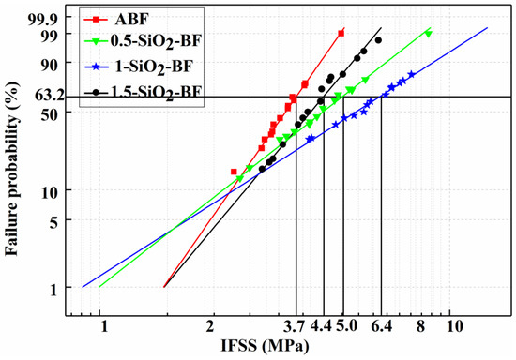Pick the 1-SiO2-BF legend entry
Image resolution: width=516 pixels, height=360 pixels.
click(152, 67)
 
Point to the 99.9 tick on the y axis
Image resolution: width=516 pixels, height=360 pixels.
click(54, 17)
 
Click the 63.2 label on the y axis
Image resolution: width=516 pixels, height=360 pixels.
click(54, 96)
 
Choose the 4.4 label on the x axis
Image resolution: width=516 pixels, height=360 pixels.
click(322, 326)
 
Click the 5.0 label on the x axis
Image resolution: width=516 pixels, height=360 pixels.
click(346, 326)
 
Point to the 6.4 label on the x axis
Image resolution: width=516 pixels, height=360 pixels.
click(381, 326)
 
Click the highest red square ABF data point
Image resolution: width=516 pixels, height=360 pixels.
click(341, 33)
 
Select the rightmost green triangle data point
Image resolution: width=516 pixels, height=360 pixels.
click(428, 34)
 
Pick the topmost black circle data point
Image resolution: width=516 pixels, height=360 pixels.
click(378, 40)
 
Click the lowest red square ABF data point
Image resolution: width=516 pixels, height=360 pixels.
click(235, 172)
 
